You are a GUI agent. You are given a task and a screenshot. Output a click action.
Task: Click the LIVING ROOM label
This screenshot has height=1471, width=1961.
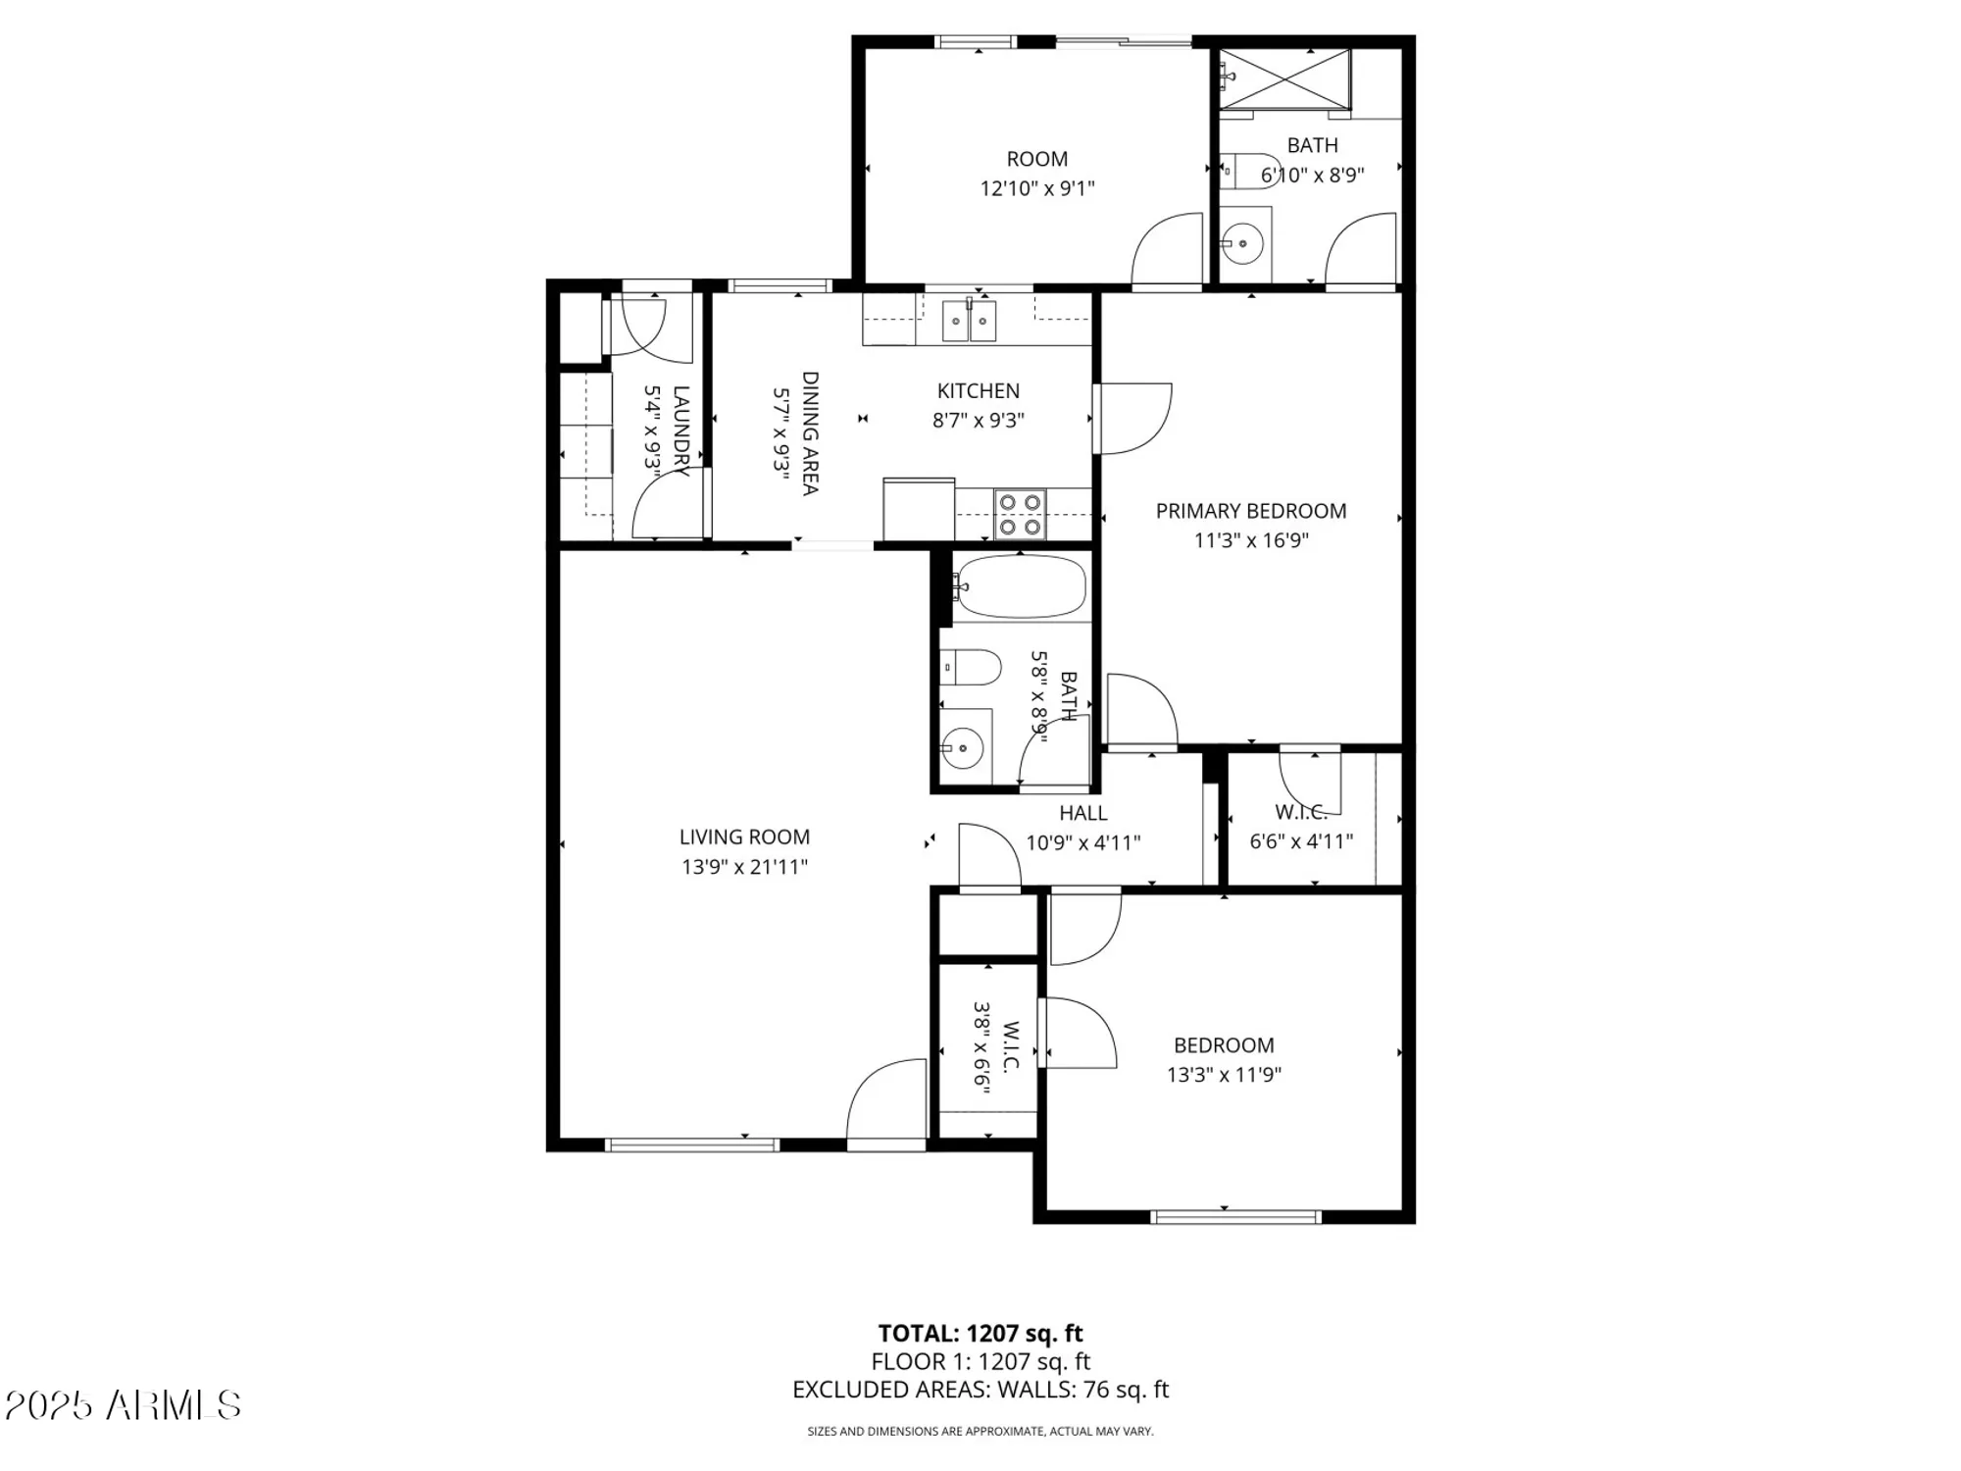(744, 837)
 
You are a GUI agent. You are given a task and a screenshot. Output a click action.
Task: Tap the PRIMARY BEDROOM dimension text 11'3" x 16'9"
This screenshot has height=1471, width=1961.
(1251, 540)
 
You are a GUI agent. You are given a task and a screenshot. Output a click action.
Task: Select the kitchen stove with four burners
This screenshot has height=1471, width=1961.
(1020, 515)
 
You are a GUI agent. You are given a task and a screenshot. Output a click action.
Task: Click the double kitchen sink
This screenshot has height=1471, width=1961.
(969, 321)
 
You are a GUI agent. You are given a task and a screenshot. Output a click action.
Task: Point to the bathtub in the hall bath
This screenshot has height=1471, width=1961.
(1021, 586)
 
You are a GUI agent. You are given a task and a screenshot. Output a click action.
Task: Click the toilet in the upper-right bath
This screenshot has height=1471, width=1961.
(1255, 171)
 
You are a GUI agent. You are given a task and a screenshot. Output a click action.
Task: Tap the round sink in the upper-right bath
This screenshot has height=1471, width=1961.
(1243, 241)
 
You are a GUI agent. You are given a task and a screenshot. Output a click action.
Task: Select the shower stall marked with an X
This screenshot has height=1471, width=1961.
(1285, 79)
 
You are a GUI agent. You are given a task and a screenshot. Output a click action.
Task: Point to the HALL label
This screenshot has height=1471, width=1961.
(1082, 813)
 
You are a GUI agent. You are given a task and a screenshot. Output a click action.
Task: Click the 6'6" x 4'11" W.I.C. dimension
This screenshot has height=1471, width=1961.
(1301, 841)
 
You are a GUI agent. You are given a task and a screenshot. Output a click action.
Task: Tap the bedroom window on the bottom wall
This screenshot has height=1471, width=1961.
(1235, 1217)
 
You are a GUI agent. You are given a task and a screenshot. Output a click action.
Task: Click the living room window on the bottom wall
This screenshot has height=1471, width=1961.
(692, 1144)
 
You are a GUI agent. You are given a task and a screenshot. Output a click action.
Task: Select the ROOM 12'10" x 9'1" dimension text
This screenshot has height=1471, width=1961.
(1036, 188)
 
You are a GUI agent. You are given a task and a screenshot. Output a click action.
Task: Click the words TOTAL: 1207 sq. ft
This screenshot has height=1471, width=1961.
(980, 1334)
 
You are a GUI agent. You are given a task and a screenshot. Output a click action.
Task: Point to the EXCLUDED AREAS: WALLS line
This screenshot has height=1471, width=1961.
(980, 1390)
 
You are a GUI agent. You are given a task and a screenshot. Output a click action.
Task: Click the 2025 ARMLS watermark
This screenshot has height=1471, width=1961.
(123, 1405)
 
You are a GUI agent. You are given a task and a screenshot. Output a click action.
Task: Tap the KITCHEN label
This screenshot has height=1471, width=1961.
(978, 391)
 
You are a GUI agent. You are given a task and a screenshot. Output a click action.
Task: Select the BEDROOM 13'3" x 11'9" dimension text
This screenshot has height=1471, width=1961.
(1224, 1075)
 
